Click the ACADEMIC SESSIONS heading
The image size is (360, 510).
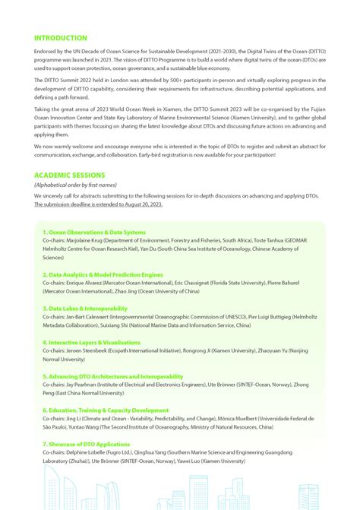[x=68, y=175]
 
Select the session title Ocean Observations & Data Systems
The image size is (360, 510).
[x=94, y=231]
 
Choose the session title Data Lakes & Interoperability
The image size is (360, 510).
[x=85, y=309]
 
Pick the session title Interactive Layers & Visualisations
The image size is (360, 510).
[x=91, y=343]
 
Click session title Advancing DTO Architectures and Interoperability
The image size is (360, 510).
[x=113, y=376]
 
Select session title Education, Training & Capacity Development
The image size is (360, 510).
[x=106, y=410]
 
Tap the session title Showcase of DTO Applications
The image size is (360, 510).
[x=86, y=444]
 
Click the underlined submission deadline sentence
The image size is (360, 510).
[x=98, y=204]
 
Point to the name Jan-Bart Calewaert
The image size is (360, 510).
[x=93, y=317]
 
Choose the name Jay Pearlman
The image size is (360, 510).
[x=85, y=385]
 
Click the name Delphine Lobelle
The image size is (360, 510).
[x=91, y=453]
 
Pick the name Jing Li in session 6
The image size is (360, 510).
[x=74, y=419]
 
